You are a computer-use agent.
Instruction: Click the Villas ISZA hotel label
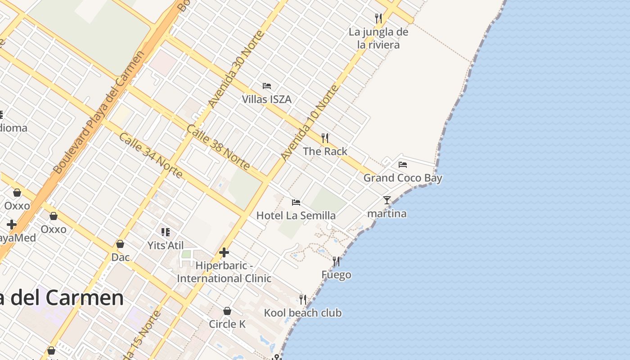(267, 99)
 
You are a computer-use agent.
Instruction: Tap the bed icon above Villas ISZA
(267, 86)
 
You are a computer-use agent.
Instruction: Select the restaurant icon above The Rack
(325, 138)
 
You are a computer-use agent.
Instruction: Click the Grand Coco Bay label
(403, 178)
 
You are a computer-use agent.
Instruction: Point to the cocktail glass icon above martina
(387, 200)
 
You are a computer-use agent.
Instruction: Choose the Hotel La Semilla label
(296, 216)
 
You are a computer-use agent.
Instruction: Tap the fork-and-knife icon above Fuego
(336, 261)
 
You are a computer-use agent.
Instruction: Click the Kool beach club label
(303, 313)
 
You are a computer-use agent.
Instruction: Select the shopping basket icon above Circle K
(227, 311)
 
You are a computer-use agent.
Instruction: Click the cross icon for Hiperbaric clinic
(224, 252)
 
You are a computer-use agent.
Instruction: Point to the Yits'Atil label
(166, 245)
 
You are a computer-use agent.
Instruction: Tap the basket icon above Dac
(120, 244)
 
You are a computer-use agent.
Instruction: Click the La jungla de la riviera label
(378, 38)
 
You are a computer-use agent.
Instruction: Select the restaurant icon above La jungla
(378, 18)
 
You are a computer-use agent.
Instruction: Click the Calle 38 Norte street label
(218, 147)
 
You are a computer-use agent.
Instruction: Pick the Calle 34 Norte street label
(151, 155)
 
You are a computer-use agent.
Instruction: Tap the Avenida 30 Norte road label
(235, 69)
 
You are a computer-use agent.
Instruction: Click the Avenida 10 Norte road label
(309, 122)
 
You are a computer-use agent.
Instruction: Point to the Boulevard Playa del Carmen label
(99, 112)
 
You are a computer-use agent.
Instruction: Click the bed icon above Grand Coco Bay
(403, 165)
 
